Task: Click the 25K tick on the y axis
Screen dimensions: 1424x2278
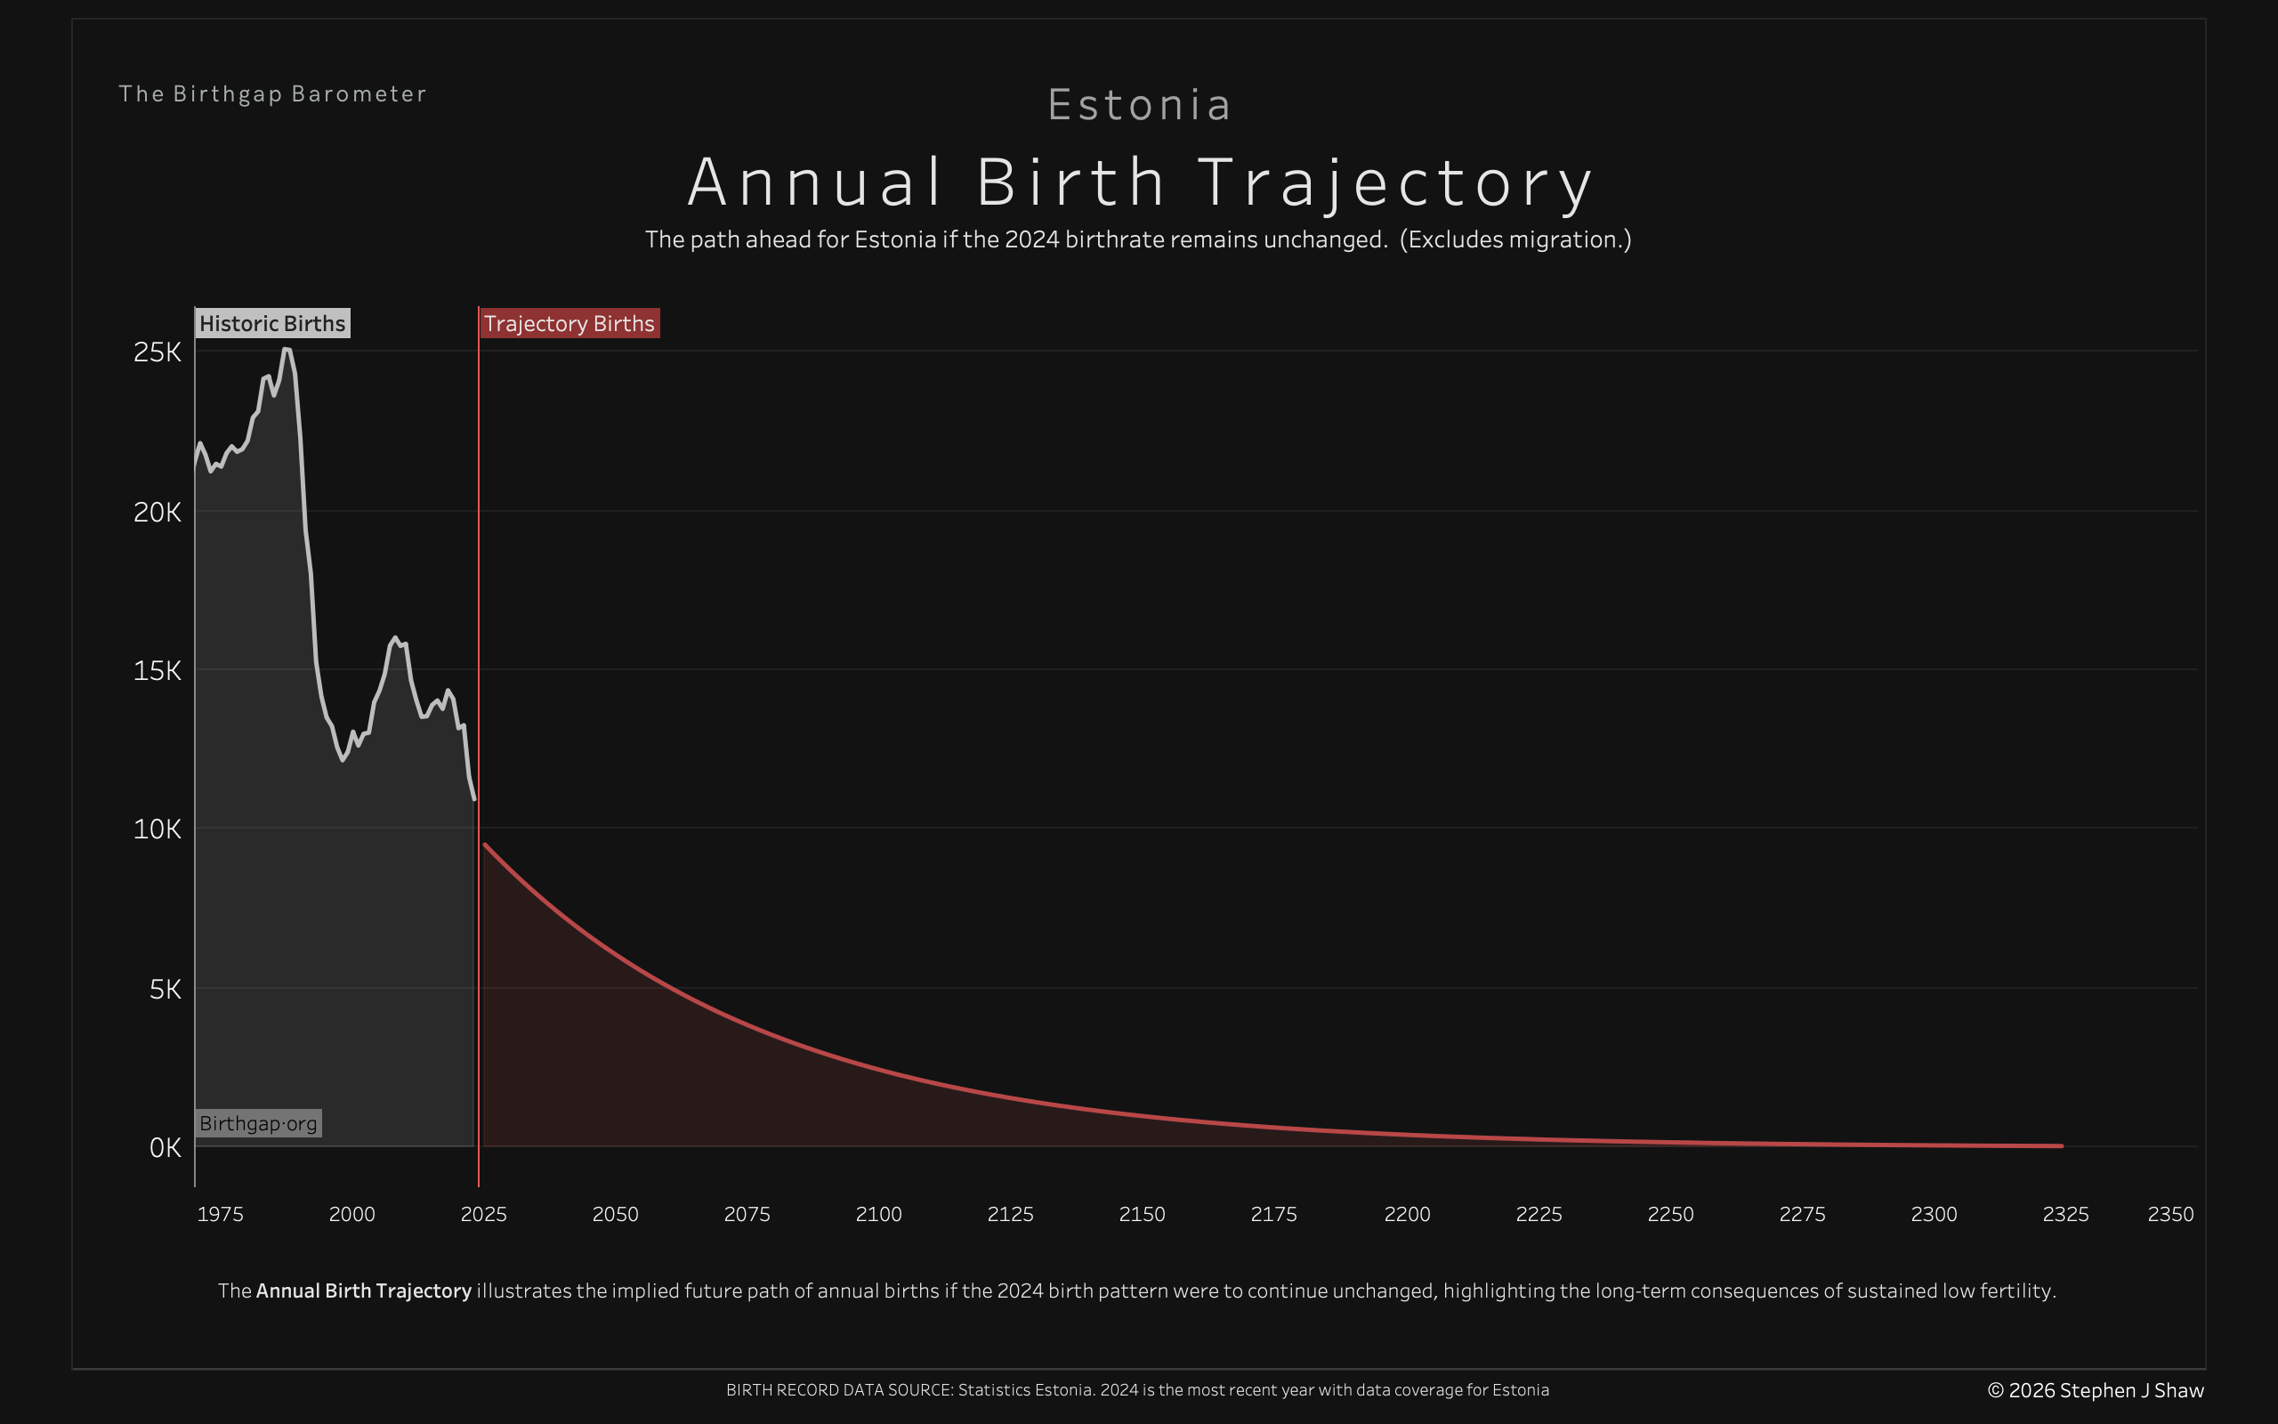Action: [x=158, y=352]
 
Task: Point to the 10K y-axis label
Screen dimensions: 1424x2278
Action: [x=158, y=829]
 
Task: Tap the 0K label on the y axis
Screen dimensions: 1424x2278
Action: [x=165, y=1147]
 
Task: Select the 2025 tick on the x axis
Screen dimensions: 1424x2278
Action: [x=483, y=1214]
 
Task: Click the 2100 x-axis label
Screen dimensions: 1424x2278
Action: [x=878, y=1214]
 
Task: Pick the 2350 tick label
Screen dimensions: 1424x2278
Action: [x=2169, y=1214]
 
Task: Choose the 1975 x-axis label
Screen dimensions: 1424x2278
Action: [x=221, y=1214]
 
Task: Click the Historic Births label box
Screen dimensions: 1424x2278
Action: [x=272, y=323]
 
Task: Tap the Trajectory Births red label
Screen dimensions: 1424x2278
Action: [x=569, y=323]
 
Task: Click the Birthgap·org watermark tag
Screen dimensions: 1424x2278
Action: [x=258, y=1122]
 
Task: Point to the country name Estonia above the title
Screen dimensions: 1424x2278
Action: [x=1139, y=104]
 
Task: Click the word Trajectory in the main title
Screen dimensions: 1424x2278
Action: [x=1395, y=182]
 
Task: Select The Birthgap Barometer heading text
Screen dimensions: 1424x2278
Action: [x=272, y=94]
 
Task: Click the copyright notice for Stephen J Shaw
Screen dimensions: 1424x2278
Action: [x=2096, y=1390]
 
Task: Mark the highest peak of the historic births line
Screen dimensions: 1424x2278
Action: [x=287, y=350]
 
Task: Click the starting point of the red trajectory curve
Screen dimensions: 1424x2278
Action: [x=485, y=845]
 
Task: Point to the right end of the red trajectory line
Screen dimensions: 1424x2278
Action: [x=2062, y=1145]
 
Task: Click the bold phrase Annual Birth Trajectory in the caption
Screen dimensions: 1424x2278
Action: [x=363, y=1290]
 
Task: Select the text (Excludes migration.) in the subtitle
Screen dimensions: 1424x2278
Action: [x=1515, y=239]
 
